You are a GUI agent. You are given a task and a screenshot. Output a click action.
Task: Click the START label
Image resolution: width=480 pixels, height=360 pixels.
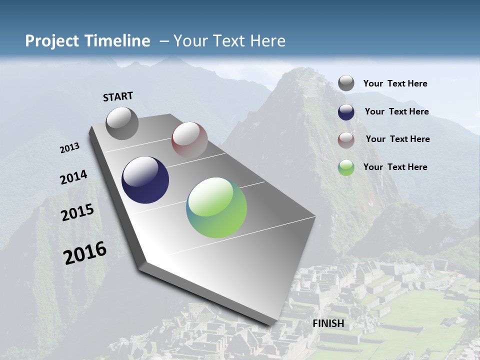pos(118,96)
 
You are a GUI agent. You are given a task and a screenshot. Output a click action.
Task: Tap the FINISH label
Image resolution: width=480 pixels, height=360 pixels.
pos(328,323)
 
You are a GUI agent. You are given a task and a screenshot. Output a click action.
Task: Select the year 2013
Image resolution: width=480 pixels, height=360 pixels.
pos(70,147)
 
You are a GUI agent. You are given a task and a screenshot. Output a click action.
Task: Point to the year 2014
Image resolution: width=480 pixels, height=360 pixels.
pos(73,177)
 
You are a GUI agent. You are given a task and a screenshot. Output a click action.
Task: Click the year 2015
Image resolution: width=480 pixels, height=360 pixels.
pos(77,212)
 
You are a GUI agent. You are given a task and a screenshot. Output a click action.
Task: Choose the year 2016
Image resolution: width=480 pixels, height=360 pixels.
pos(85,252)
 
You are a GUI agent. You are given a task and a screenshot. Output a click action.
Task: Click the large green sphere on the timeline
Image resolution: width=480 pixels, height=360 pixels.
pos(216,207)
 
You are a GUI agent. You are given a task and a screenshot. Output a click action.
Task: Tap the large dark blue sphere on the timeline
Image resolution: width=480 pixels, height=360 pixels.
pos(145,180)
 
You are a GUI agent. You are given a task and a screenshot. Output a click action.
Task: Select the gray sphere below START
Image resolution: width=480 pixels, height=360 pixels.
pos(122,123)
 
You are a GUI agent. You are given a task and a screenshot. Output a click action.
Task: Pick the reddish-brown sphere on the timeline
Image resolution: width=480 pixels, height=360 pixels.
pos(189,139)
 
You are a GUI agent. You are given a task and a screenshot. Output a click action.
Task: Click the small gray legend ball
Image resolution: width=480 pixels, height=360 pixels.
pos(346,83)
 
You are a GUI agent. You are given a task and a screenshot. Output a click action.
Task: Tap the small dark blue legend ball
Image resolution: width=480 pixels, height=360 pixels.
pos(346,112)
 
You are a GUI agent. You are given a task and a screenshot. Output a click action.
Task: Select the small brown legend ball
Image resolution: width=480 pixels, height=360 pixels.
pos(346,139)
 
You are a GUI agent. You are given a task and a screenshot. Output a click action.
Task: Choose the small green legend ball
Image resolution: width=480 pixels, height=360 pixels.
pos(346,167)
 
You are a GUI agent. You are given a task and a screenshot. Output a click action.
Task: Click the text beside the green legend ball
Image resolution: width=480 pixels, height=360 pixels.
pos(395,167)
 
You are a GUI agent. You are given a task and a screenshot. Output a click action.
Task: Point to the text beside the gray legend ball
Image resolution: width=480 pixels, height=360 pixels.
pos(395,83)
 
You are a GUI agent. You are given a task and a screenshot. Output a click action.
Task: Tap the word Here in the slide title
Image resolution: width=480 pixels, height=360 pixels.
pos(267,41)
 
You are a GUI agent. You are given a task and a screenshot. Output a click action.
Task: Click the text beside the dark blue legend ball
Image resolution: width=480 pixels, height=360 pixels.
pos(396,111)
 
